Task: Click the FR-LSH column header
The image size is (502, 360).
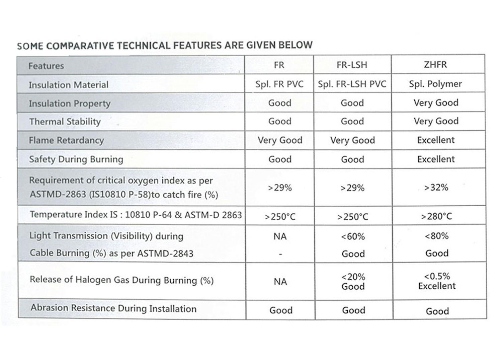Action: [352, 65]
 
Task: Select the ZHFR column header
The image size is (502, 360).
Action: [435, 64]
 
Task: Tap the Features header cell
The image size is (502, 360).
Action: [46, 66]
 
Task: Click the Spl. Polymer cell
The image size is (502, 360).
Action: [435, 84]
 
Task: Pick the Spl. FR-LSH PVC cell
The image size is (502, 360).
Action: [352, 84]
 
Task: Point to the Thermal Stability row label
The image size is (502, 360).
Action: [65, 122]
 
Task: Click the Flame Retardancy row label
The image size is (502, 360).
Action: [66, 140]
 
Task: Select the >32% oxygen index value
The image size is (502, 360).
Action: [436, 188]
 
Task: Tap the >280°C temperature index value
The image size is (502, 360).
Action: [436, 217]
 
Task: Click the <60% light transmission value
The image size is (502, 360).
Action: [353, 237]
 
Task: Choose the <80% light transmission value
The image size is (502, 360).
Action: [436, 236]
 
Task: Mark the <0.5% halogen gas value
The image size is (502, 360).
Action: [437, 276]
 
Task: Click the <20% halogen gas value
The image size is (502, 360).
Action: [353, 277]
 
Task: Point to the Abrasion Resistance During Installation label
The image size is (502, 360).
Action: [113, 308]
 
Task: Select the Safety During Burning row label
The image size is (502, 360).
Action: [76, 159]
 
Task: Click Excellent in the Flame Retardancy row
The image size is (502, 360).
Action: [436, 140]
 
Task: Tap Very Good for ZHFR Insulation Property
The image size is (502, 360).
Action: [436, 103]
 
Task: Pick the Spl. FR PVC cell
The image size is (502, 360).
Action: [279, 84]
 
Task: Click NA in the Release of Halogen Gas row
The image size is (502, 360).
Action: [280, 282]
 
